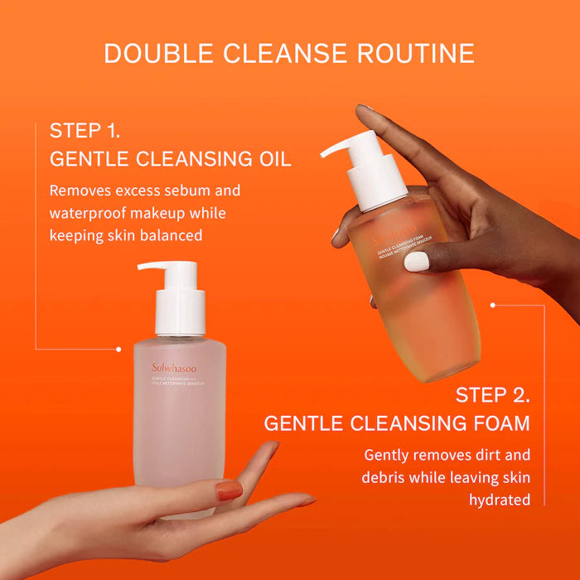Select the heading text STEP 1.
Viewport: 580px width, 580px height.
[x=84, y=130]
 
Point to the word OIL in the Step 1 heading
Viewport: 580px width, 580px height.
[x=273, y=159]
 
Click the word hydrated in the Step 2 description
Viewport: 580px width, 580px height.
[x=500, y=500]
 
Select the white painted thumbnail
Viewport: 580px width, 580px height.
[x=417, y=262]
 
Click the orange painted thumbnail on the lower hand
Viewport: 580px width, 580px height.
[x=230, y=491]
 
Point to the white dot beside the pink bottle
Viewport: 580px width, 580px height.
[x=118, y=349]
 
